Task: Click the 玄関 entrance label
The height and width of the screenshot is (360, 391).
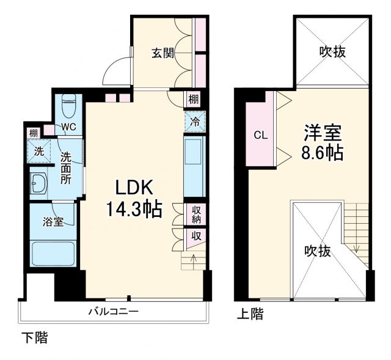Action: point(163,53)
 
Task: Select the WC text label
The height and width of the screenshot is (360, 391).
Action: point(68,128)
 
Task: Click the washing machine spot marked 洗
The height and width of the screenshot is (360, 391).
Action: point(38,151)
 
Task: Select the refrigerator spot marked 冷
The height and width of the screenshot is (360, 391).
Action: point(194,122)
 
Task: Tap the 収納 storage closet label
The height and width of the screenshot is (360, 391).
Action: point(195,214)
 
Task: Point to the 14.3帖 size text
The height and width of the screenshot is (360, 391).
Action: point(134,210)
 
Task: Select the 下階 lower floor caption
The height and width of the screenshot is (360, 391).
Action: point(35,337)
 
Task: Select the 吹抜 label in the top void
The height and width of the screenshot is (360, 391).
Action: point(332,52)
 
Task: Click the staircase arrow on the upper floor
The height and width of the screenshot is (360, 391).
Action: point(356,248)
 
